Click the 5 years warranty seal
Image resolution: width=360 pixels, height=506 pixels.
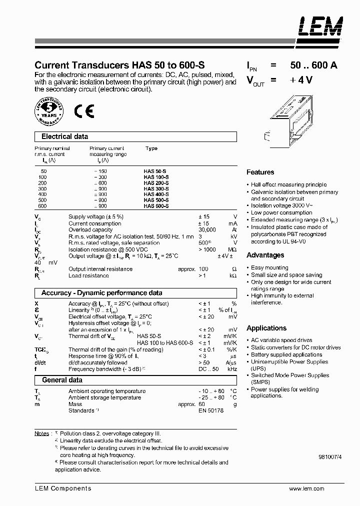pos(49,110)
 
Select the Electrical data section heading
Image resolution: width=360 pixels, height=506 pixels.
pos(64,136)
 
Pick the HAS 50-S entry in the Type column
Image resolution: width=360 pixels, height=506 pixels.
pos(154,171)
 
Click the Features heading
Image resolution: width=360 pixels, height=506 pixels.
pos(260,172)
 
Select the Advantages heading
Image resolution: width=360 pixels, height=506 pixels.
pos(265,255)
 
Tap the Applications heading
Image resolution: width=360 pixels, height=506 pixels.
pos(266,328)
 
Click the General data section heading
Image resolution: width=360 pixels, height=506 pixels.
pos(62,380)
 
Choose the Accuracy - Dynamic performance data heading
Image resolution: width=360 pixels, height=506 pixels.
pos(101,293)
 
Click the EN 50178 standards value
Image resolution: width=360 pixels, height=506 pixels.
pos(211,410)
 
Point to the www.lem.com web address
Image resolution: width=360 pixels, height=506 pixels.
pos(306,488)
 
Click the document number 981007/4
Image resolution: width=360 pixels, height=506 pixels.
pos(330,456)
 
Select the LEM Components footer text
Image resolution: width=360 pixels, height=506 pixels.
pos(63,488)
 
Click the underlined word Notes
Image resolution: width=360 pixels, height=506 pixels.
pos(42,433)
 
